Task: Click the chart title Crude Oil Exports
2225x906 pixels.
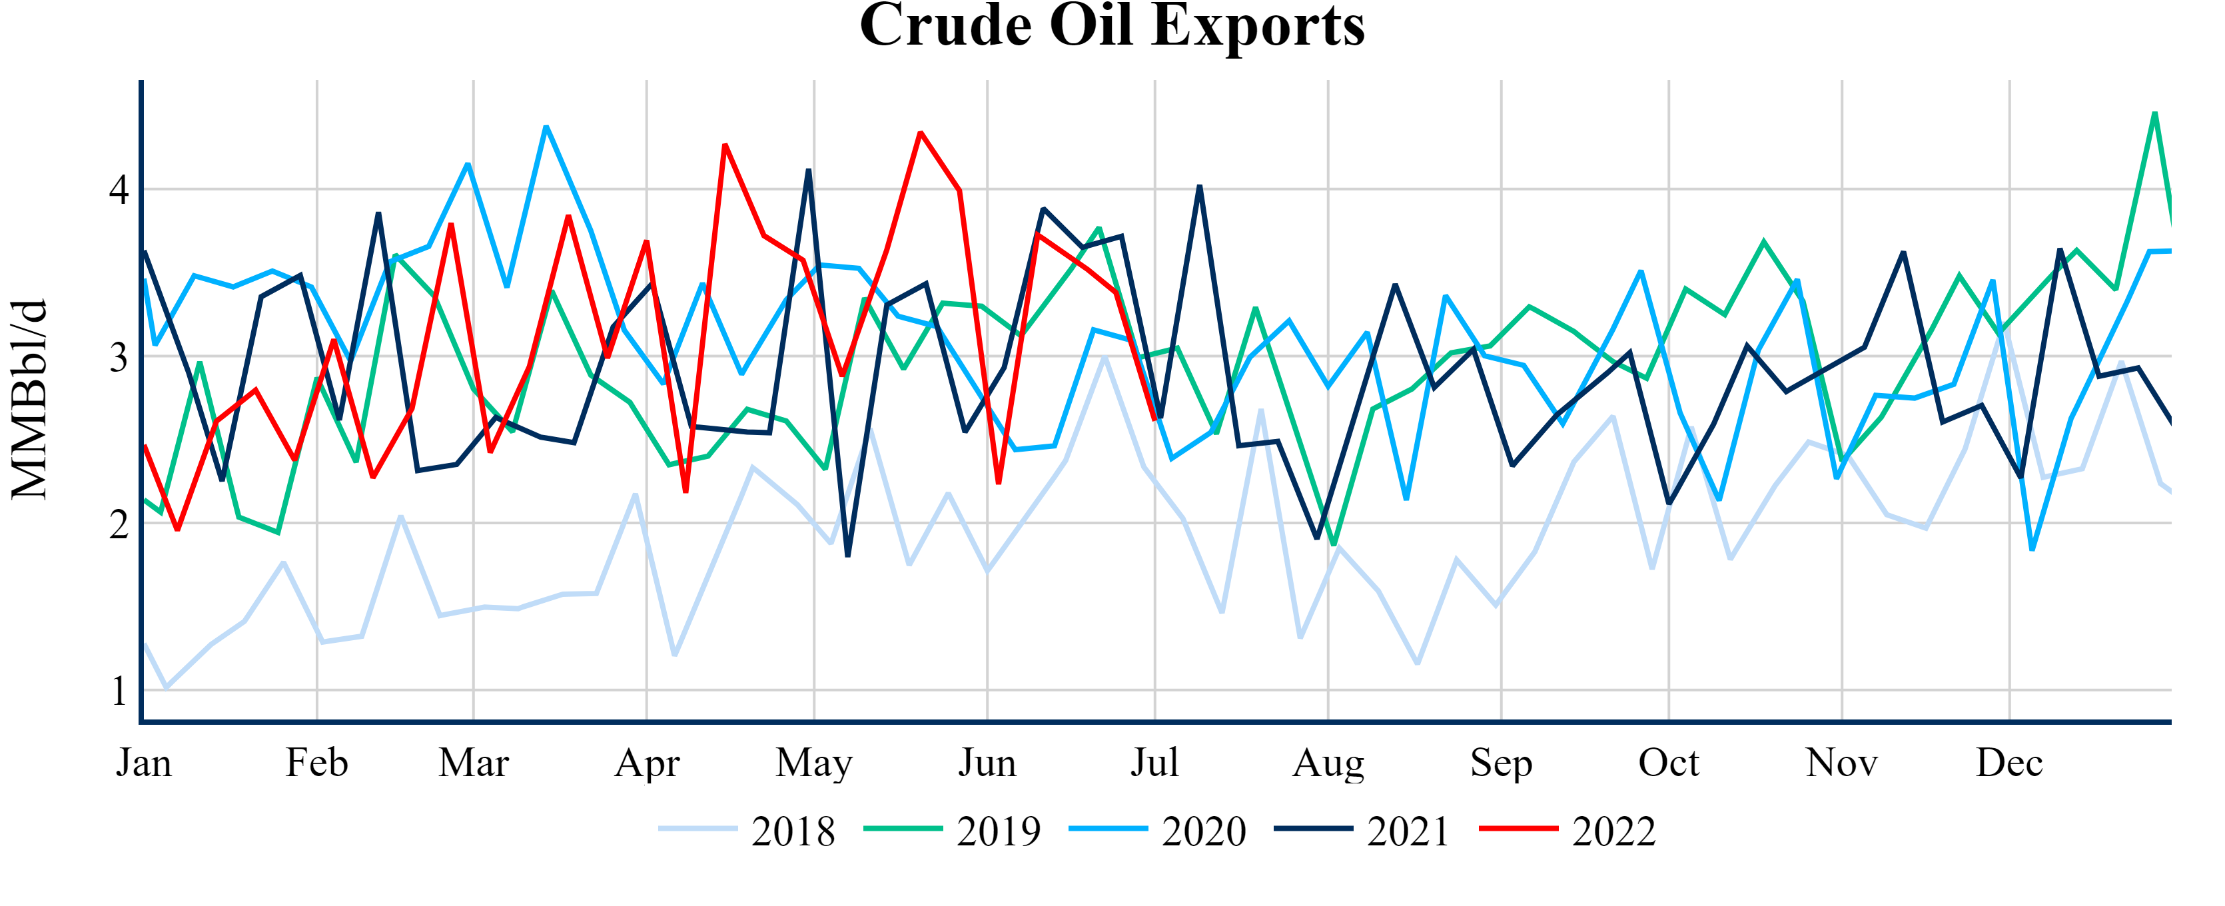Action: tap(1112, 26)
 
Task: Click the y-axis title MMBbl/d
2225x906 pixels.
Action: tap(29, 399)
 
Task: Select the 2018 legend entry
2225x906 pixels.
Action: tap(793, 831)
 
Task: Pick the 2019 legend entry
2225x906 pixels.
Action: tap(999, 831)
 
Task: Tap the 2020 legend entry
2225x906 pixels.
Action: tap(1203, 831)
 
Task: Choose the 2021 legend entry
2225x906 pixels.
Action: tap(1408, 831)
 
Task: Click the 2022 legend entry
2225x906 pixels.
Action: tap(1613, 831)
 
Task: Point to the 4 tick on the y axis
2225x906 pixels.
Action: tap(119, 189)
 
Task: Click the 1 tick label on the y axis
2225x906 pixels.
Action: tap(119, 691)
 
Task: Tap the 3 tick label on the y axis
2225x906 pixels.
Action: tap(119, 356)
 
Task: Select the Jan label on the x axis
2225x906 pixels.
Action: tap(145, 763)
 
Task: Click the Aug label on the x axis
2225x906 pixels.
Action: tap(1328, 763)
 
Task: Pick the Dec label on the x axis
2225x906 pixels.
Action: tap(2009, 763)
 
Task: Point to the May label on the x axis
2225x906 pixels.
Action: tap(813, 763)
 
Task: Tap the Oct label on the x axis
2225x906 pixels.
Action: tap(1669, 763)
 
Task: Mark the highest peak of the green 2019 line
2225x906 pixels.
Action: tap(2155, 113)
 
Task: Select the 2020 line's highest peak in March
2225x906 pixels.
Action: tap(546, 127)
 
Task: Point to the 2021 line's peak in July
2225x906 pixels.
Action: tap(1200, 187)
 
